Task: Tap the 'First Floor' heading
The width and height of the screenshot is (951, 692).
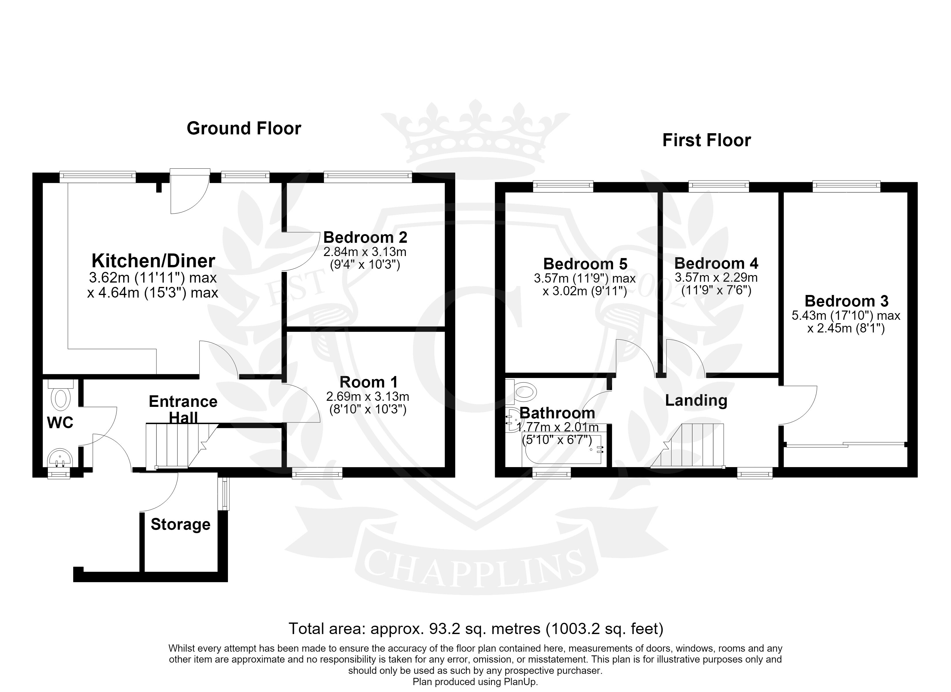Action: tap(707, 140)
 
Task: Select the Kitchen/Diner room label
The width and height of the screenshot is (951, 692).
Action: tap(154, 261)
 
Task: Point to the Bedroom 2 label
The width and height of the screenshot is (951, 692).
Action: tap(365, 238)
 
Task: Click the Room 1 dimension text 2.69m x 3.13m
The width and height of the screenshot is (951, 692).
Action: tap(368, 396)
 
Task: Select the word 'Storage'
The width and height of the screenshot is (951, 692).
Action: tap(181, 524)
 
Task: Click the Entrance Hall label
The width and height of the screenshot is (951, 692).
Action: tap(183, 409)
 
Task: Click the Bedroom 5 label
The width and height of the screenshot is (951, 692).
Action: tap(585, 264)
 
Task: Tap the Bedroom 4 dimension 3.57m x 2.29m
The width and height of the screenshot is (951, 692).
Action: tap(716, 277)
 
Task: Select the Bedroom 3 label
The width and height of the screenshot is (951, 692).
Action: tap(847, 301)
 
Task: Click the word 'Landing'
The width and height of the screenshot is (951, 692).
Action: tap(696, 400)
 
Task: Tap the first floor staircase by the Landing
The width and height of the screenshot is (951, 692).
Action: tap(688, 446)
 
